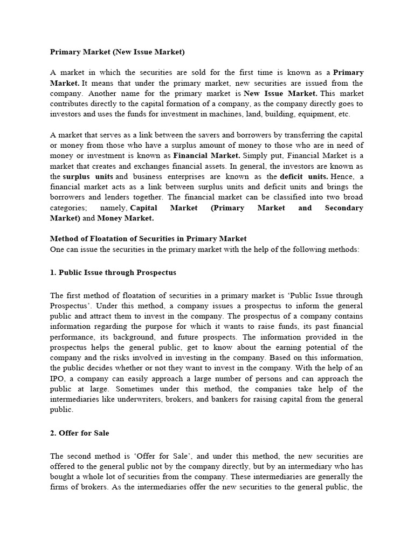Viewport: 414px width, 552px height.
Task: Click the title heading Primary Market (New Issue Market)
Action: (117, 52)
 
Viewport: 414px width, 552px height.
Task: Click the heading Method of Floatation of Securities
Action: (148, 238)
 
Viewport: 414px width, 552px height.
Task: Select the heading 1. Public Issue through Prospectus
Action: (113, 273)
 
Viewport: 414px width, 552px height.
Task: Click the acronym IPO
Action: (57, 378)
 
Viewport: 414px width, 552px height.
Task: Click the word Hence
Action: (342, 176)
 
